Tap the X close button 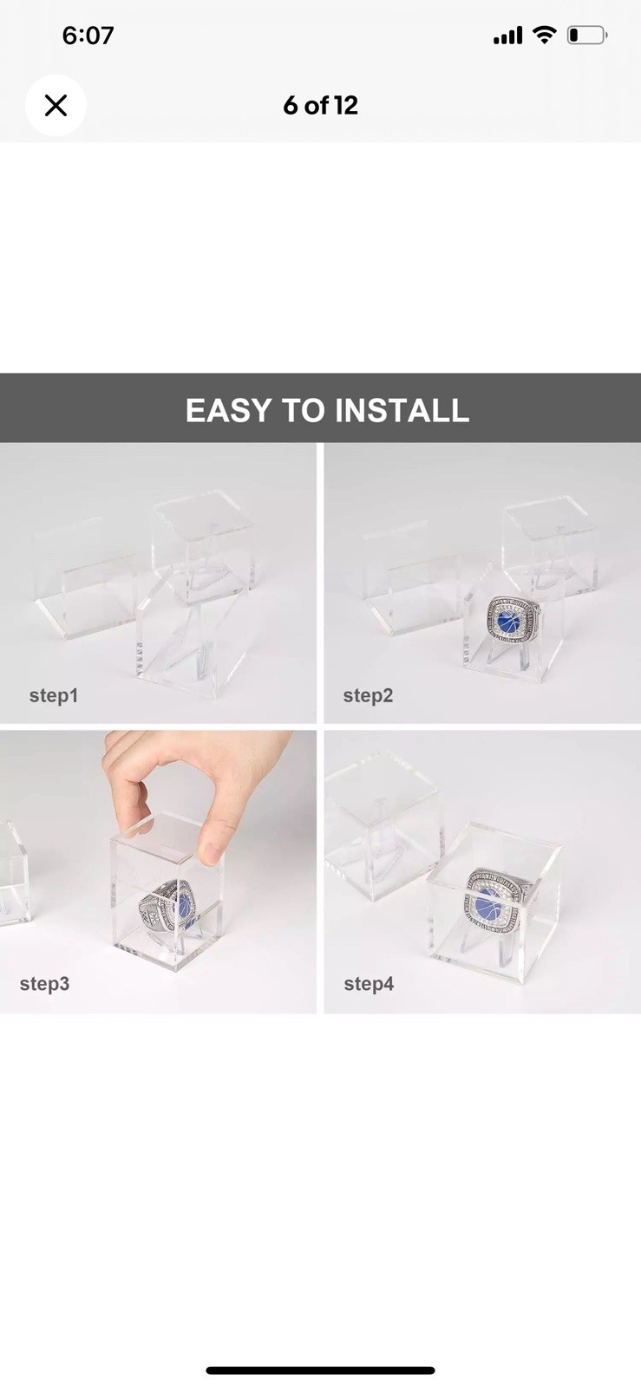tap(56, 105)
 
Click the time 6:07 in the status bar tap(88, 36)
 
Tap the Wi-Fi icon tap(545, 35)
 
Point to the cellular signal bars tap(507, 36)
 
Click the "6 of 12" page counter tap(320, 105)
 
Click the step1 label tap(54, 695)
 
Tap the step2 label tap(368, 695)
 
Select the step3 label tap(44, 983)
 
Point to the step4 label tap(369, 983)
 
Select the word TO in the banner tap(303, 410)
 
